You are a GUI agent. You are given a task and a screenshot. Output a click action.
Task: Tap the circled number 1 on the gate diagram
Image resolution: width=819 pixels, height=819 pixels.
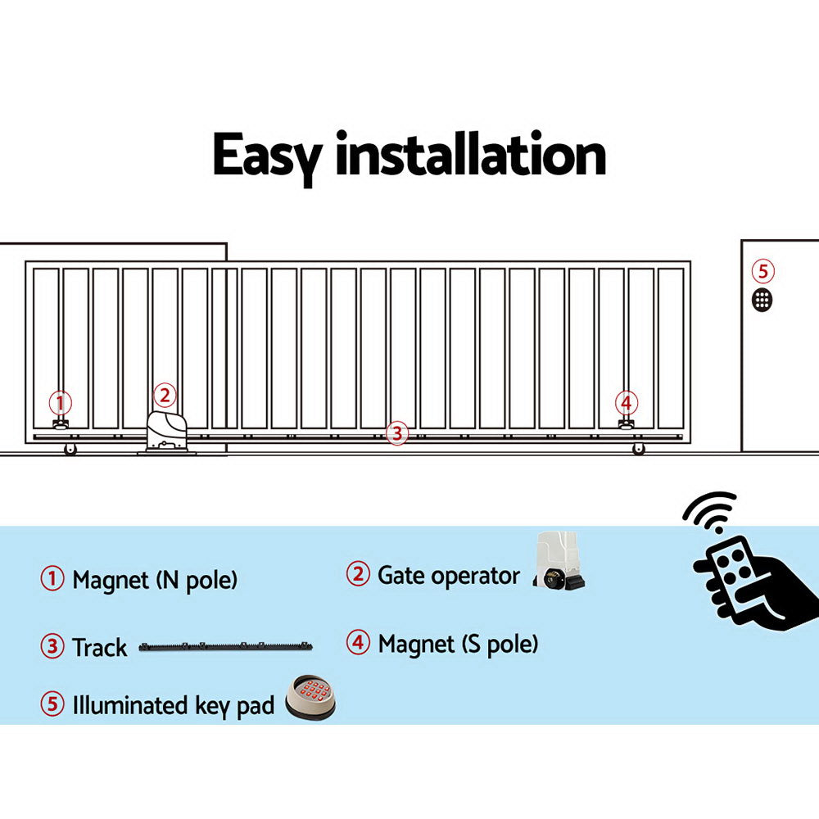click(60, 403)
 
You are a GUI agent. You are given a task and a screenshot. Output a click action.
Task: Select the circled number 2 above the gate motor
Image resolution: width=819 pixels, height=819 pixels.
click(165, 396)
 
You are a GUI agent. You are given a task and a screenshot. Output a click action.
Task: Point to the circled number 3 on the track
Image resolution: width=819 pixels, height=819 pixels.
click(396, 433)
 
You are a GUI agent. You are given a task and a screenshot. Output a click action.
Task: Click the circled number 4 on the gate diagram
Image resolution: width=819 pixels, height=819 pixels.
click(627, 403)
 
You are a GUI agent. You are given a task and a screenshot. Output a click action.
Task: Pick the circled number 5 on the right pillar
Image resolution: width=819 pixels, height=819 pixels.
click(762, 271)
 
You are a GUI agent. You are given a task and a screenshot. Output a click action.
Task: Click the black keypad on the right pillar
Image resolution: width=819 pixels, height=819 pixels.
click(762, 299)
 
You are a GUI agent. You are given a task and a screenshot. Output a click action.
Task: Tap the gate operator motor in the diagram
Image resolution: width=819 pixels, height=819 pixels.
click(167, 431)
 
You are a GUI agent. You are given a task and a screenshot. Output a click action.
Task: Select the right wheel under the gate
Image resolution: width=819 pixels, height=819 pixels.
click(638, 449)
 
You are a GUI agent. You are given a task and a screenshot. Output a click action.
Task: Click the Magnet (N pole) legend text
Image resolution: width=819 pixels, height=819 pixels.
click(155, 581)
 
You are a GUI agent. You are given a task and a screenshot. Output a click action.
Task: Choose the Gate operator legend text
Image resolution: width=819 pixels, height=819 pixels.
click(448, 575)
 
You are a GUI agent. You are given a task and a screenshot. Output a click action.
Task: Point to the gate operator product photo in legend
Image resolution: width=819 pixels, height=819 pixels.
click(559, 563)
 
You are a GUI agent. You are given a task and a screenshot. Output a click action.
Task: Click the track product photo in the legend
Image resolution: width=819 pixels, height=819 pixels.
click(226, 647)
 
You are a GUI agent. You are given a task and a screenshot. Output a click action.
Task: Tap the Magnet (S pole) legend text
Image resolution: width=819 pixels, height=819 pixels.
click(458, 644)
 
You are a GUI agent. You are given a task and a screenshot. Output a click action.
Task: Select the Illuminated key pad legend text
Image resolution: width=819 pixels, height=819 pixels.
click(173, 705)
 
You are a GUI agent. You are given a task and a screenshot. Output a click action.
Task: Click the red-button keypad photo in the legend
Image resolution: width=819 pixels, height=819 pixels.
click(310, 698)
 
